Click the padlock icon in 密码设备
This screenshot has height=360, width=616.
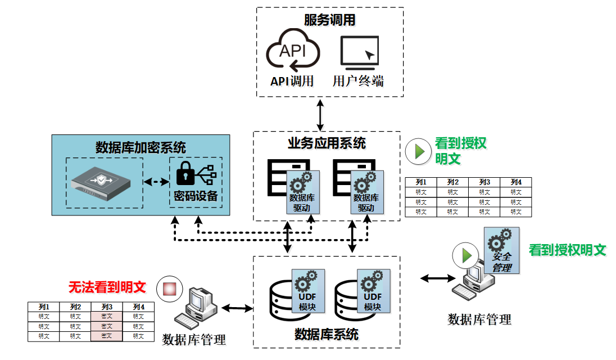click(x=185, y=175)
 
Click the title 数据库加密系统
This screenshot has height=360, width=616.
click(x=141, y=147)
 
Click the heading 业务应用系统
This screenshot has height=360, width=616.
click(x=327, y=143)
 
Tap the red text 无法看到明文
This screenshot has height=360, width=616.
click(x=107, y=287)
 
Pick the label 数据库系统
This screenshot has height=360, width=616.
click(x=327, y=335)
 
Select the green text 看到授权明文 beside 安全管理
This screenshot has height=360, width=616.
click(x=568, y=250)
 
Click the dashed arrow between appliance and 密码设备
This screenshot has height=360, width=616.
click(x=156, y=182)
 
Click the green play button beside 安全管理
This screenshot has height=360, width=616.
click(x=465, y=255)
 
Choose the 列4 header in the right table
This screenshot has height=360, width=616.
click(x=515, y=182)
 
